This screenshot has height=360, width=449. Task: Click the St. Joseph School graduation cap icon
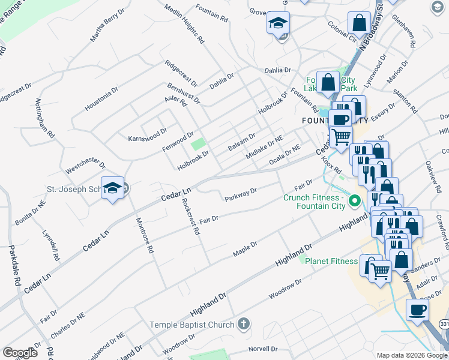pos(112,188)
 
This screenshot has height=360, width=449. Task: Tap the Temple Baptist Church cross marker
pos(243,325)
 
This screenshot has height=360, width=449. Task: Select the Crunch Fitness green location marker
pos(354,200)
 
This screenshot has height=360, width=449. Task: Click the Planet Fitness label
pos(331,260)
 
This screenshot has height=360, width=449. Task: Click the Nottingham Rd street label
pos(46,119)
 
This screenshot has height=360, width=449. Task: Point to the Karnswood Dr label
pos(148,135)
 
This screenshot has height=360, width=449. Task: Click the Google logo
pos(20,353)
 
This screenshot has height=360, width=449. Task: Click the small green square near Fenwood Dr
pos(197,145)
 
